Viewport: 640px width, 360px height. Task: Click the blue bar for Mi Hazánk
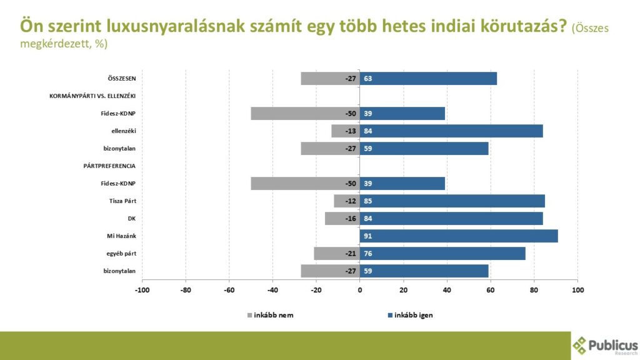pos(459,236)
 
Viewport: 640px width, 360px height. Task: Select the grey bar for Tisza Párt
pos(346,201)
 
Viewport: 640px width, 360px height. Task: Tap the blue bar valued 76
pos(442,254)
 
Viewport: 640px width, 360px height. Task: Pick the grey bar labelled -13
pos(345,131)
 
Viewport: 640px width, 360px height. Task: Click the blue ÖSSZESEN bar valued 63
pos(428,79)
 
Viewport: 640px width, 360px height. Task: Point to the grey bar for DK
pos(342,219)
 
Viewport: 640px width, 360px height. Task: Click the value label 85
pos(368,201)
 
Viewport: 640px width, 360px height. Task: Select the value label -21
pos(351,254)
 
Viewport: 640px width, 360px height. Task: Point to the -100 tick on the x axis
pos(142,290)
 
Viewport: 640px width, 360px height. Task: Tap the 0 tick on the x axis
pos(360,290)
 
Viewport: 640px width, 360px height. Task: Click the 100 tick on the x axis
pos(577,290)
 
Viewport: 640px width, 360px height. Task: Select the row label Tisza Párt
pos(122,201)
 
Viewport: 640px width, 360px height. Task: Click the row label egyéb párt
pos(121,254)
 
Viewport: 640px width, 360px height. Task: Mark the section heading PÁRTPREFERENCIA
pos(109,166)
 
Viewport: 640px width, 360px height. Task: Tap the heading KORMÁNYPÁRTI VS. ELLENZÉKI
pos(92,96)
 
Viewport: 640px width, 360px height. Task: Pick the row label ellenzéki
pos(123,131)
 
